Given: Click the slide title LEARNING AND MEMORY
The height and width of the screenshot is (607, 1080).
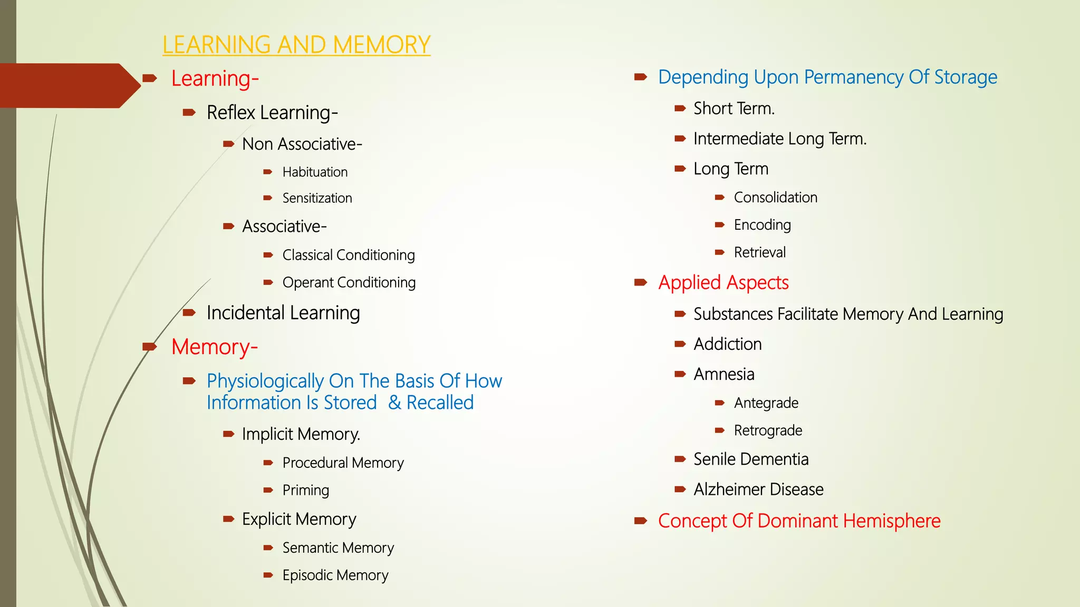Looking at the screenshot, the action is pyautogui.click(x=296, y=45).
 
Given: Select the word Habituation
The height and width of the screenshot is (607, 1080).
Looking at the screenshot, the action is pyautogui.click(x=315, y=172).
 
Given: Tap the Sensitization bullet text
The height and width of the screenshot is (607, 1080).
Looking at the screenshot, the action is pyautogui.click(x=317, y=198).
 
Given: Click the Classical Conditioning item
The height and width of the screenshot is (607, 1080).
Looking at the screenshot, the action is pyautogui.click(x=349, y=255).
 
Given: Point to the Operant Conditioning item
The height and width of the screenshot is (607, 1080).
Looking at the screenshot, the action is pyautogui.click(x=349, y=282).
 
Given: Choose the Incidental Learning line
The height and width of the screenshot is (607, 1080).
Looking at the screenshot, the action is pyautogui.click(x=283, y=313).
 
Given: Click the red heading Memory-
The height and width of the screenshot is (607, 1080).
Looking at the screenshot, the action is pyautogui.click(x=214, y=347).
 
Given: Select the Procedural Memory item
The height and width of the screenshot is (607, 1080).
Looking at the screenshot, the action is pyautogui.click(x=343, y=463).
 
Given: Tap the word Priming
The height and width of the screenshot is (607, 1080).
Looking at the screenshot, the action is pyautogui.click(x=305, y=490).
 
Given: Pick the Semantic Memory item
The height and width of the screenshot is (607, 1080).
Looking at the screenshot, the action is pyautogui.click(x=338, y=548).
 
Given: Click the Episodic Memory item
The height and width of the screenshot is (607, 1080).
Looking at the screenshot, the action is pyautogui.click(x=335, y=575).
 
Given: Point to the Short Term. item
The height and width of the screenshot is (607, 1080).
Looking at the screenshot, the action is pyautogui.click(x=734, y=109).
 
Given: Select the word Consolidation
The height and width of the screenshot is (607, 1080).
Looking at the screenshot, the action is pyautogui.click(x=775, y=198).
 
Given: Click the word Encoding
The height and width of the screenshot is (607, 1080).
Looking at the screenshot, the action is pyautogui.click(x=762, y=225).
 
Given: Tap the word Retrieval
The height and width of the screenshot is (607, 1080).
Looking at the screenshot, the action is pyautogui.click(x=759, y=252).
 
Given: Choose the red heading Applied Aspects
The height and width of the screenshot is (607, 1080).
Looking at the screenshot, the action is pyautogui.click(x=723, y=283).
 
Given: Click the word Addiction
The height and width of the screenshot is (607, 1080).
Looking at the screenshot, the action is pyautogui.click(x=727, y=344).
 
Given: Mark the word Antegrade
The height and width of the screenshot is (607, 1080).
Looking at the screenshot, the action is pyautogui.click(x=766, y=403).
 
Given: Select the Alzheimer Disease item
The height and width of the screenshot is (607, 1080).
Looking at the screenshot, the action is pyautogui.click(x=758, y=489).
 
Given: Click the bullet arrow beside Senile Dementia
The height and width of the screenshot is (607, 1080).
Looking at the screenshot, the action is pyautogui.click(x=680, y=459).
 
